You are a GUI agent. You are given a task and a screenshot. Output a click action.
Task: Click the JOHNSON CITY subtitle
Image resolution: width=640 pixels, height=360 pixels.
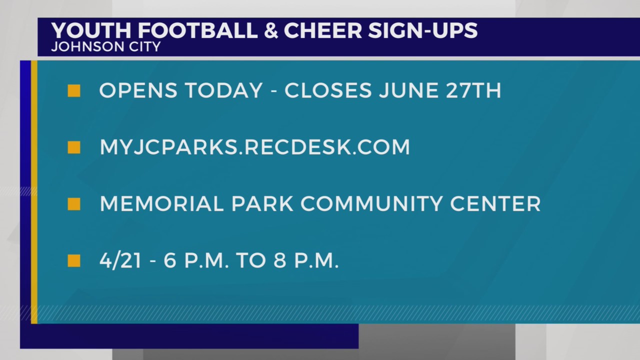[x=105, y=47]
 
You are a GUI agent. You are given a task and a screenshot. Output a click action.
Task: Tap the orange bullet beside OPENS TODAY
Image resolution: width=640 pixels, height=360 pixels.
[x=74, y=90]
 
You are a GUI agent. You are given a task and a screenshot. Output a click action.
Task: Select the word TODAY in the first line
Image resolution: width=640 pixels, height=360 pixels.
[x=223, y=90]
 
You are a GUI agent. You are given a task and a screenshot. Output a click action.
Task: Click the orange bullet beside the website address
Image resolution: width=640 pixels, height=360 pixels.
[x=74, y=147]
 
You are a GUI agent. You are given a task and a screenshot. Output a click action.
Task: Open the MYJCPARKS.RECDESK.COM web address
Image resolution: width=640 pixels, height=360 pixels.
[x=254, y=147]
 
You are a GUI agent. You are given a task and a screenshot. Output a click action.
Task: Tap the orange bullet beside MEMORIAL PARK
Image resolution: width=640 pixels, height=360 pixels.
[x=74, y=204]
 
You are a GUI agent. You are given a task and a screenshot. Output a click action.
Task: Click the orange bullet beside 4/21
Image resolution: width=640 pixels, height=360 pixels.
[x=74, y=261]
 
